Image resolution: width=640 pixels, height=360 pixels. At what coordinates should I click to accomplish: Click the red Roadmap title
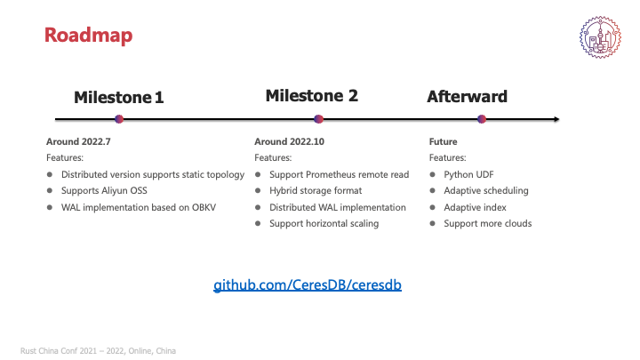coord(88,35)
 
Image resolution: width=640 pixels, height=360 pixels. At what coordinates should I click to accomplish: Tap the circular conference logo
coord(600,37)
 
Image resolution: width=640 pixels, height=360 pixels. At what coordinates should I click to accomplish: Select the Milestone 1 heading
coord(119,98)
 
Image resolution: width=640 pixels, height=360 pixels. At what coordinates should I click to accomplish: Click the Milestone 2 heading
coord(312,96)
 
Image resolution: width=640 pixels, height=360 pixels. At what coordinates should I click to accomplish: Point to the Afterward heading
coord(467,97)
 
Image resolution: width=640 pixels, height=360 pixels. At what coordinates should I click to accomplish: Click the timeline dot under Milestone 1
coord(119,119)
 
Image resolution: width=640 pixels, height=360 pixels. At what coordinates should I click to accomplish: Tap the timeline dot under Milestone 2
coord(319,119)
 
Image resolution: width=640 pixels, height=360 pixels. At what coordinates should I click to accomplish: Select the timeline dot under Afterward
coord(482,119)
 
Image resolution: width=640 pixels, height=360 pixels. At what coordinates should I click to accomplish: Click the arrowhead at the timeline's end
coord(556,119)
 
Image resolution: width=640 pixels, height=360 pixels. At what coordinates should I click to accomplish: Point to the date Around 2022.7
coord(78,141)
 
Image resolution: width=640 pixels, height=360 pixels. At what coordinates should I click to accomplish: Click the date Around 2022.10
coord(290,141)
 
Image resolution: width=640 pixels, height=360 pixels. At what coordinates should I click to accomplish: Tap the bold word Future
coord(443,141)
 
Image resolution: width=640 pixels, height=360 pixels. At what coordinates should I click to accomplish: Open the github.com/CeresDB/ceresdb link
coord(308,284)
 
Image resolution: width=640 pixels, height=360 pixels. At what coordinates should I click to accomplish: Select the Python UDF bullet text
coord(468,175)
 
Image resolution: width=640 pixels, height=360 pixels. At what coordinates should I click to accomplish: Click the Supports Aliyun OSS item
coord(104,190)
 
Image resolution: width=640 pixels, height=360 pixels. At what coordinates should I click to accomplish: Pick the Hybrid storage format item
coord(316,190)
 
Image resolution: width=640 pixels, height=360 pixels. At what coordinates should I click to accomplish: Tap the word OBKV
coord(204,207)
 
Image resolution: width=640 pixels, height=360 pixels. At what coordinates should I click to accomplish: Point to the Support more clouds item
coord(488,224)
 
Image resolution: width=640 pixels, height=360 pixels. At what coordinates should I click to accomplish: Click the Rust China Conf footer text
coord(98,351)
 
